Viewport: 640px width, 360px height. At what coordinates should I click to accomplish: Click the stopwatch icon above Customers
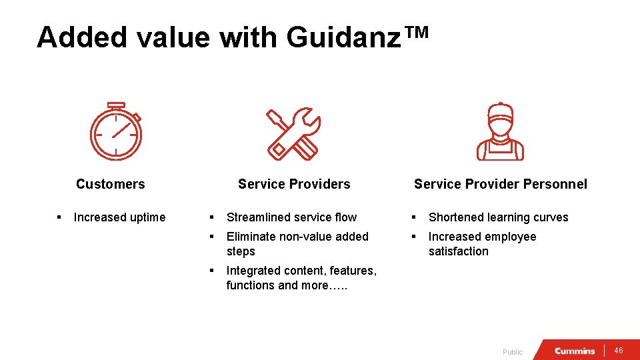(x=116, y=131)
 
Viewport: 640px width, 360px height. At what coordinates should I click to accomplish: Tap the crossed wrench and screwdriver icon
(x=294, y=133)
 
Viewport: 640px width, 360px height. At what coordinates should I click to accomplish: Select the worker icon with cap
(x=500, y=132)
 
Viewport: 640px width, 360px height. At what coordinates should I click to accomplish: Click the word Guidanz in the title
(x=339, y=37)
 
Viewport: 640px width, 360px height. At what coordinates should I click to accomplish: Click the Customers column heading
(x=110, y=184)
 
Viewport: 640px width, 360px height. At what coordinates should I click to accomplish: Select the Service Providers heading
(x=294, y=184)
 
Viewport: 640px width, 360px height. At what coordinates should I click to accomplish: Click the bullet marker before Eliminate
(x=211, y=237)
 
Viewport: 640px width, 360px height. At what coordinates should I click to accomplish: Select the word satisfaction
(x=459, y=251)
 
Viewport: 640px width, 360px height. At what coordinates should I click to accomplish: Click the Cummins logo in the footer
(x=574, y=351)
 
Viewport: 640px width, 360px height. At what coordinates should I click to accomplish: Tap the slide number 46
(x=618, y=351)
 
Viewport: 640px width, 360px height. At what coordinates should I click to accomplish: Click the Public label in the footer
(x=513, y=352)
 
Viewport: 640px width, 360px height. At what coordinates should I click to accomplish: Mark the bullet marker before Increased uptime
(x=59, y=217)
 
